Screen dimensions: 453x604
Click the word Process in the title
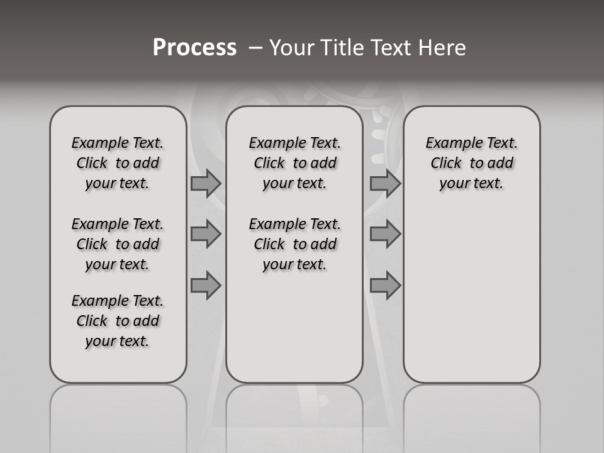[194, 48]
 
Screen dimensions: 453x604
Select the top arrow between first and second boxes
[205, 183]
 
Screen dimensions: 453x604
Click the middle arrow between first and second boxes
[205, 234]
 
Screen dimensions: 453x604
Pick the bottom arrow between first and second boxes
[205, 285]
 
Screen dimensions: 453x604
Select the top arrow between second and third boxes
[385, 183]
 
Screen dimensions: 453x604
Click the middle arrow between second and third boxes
[385, 234]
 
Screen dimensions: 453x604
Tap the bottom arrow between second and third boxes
[385, 285]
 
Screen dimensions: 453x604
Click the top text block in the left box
[118, 163]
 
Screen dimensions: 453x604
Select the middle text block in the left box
[118, 244]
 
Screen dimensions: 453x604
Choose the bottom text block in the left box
[118, 321]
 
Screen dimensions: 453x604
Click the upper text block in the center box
[294, 163]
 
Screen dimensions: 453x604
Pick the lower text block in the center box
[294, 244]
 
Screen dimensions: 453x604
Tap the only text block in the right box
[472, 163]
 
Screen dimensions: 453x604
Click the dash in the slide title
[255, 48]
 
